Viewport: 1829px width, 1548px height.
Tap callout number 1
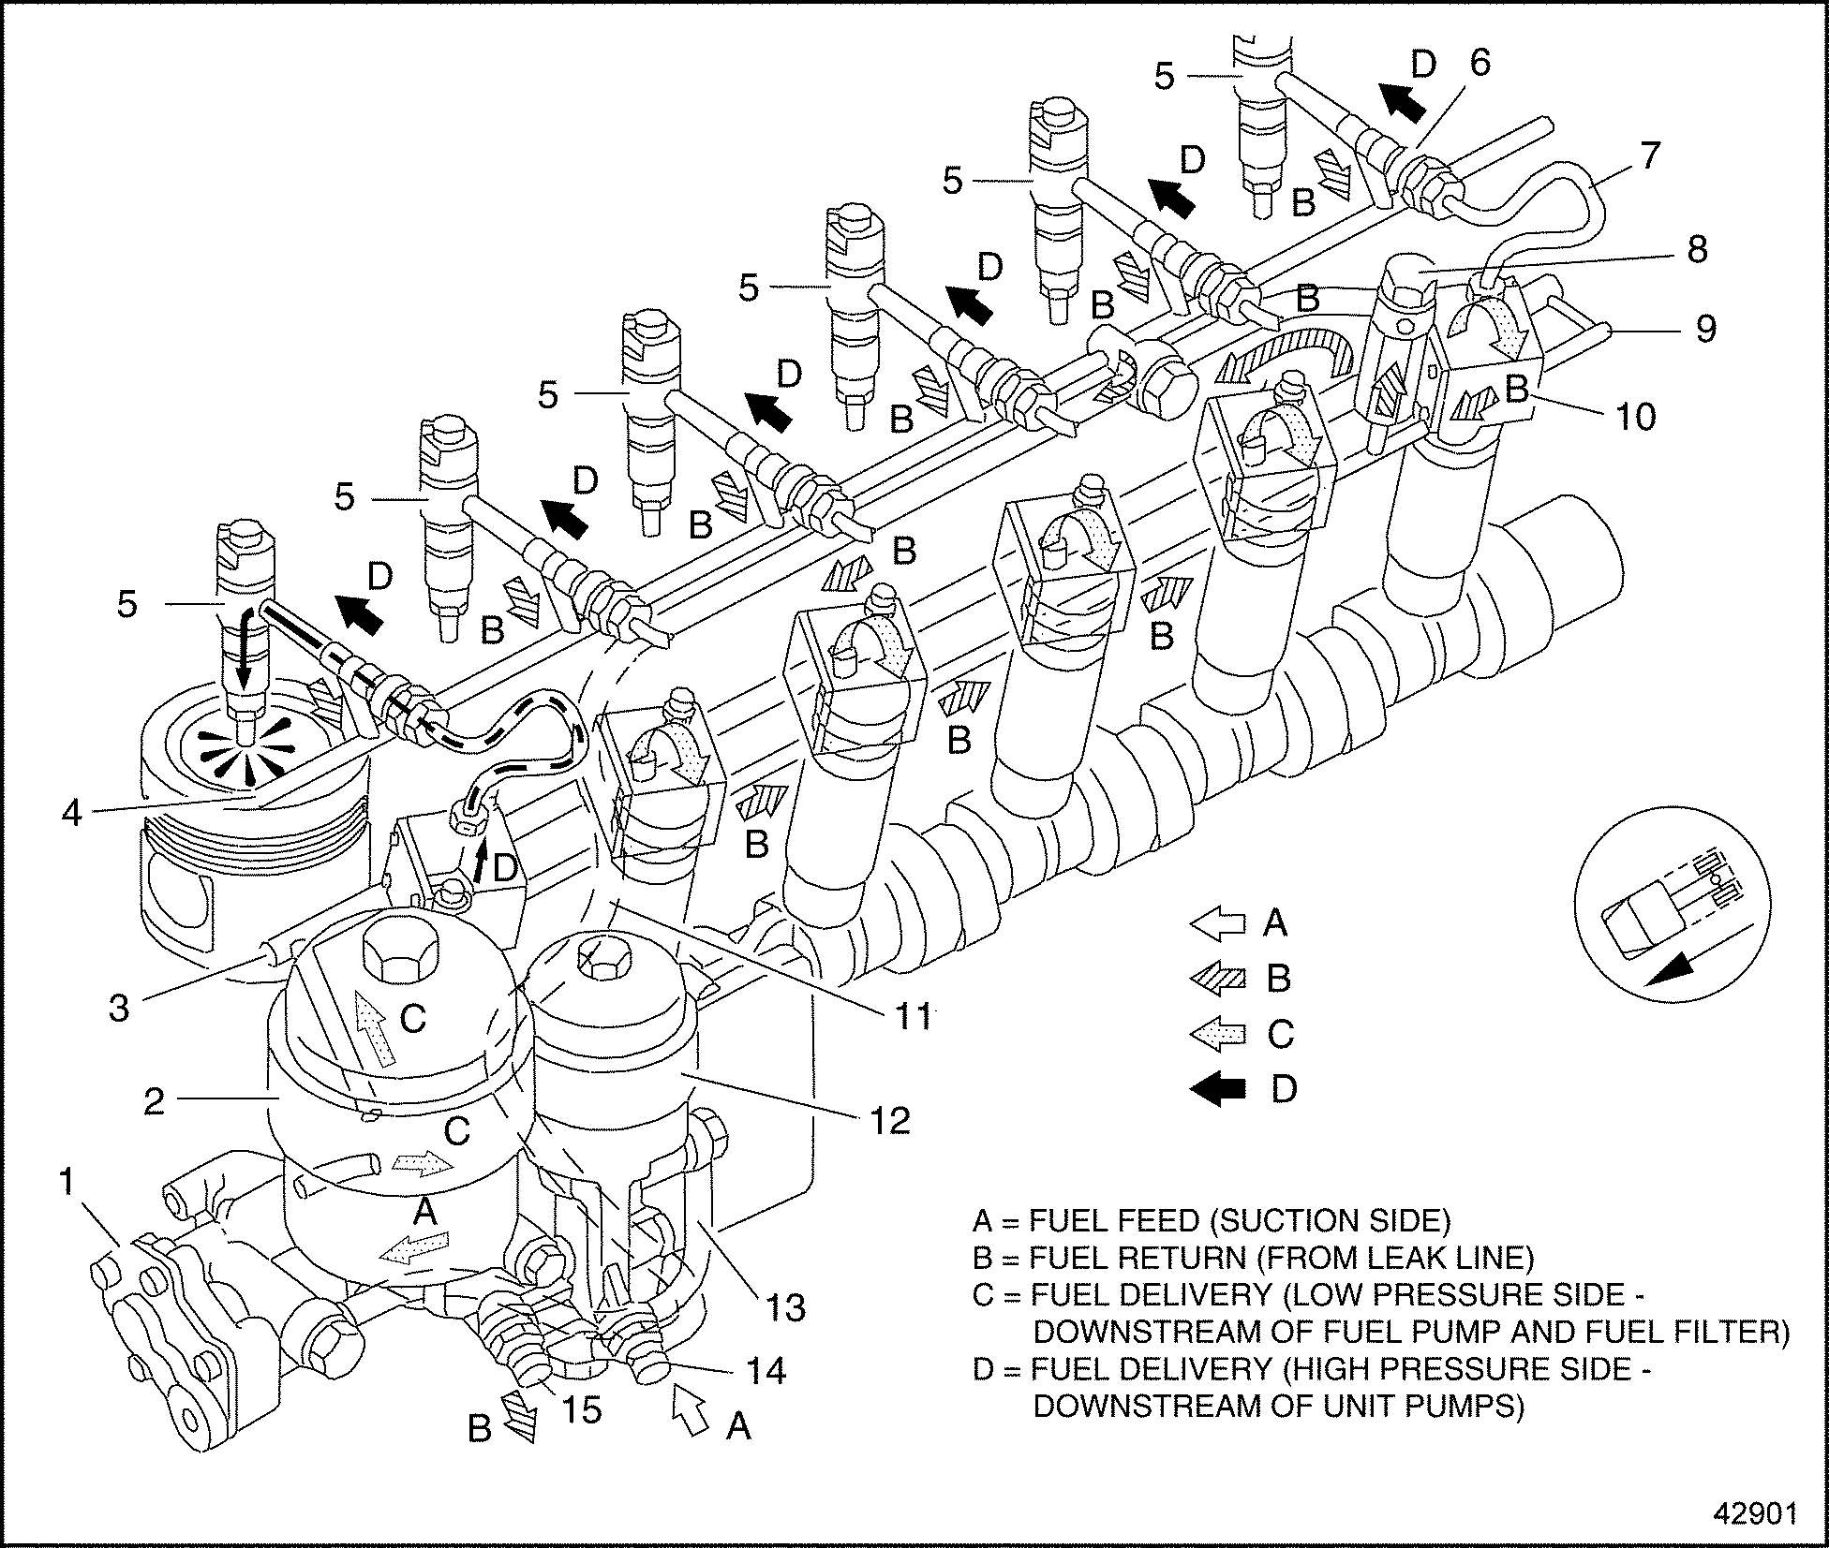pos(67,1183)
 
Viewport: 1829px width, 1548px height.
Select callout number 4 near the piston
pos(71,812)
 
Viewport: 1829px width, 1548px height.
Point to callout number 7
pos(1649,155)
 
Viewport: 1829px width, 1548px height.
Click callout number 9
pos(1705,329)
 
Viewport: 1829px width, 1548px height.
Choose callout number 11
pos(913,1015)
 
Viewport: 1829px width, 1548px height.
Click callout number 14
pos(766,1371)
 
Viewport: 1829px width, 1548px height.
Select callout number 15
pos(581,1408)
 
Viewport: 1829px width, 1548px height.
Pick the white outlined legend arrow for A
pos(1217,923)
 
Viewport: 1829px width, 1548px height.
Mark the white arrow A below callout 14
pos(690,1408)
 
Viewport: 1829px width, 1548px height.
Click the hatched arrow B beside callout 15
pos(517,1415)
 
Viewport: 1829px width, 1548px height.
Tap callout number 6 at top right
pos(1480,63)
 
